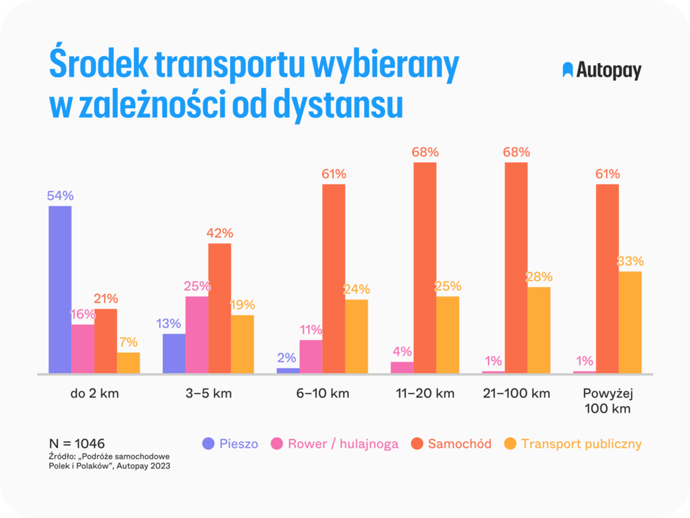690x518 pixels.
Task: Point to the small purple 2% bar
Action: click(x=288, y=371)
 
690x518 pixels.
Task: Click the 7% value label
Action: click(x=128, y=342)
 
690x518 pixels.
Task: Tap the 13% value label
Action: click(x=168, y=324)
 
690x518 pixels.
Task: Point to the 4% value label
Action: click(x=402, y=352)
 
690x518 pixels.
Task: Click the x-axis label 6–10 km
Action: click(x=323, y=393)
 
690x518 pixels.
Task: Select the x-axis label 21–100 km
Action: click(x=516, y=393)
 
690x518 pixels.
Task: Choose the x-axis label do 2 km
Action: click(x=94, y=393)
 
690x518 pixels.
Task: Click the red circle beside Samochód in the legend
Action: click(x=417, y=444)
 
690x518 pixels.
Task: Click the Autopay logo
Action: click(x=602, y=70)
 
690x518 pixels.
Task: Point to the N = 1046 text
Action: click(x=77, y=443)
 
